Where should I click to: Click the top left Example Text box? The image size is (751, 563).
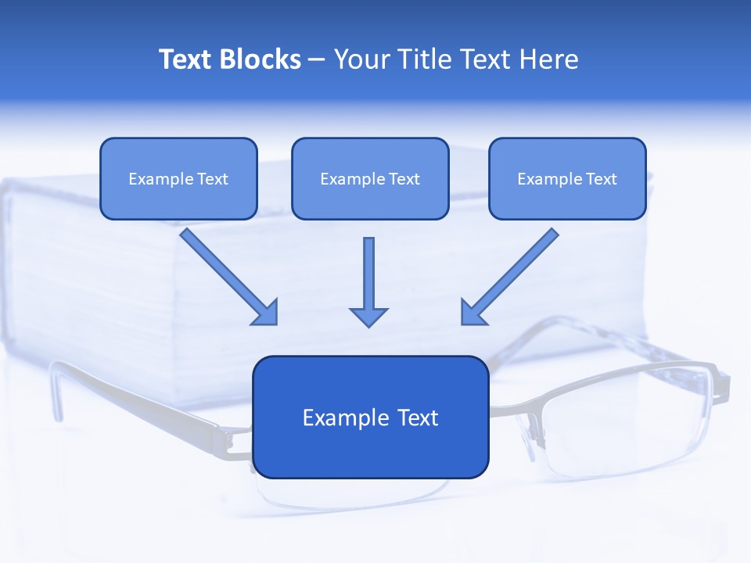click(x=178, y=179)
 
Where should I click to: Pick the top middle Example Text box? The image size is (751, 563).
click(x=370, y=179)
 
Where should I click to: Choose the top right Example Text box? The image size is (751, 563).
click(x=567, y=179)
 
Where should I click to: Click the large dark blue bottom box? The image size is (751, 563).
click(x=370, y=417)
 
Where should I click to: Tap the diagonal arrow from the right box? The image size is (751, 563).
click(x=510, y=276)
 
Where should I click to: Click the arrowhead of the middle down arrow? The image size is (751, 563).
click(x=368, y=316)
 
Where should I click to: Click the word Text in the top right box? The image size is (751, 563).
click(x=602, y=179)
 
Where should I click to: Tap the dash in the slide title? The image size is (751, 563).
click(x=317, y=60)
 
